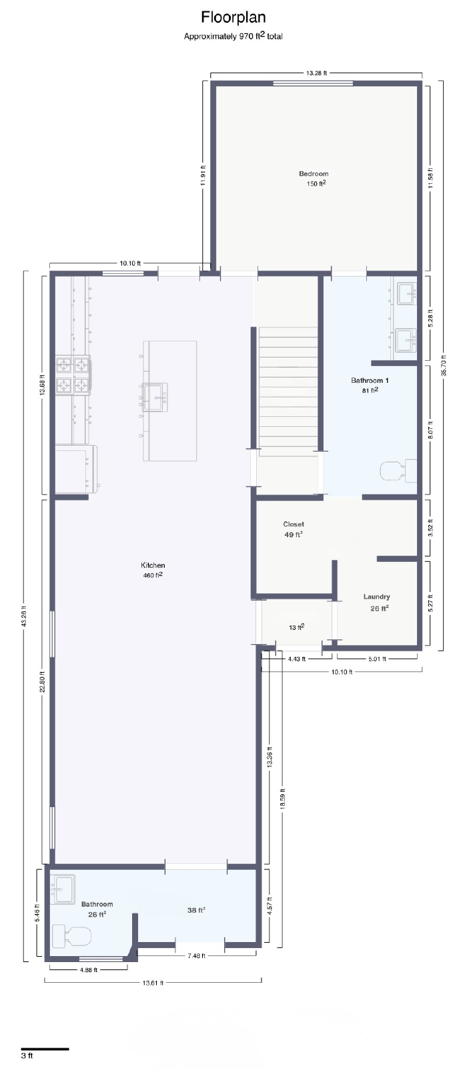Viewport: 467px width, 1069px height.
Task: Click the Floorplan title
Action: pyautogui.click(x=233, y=17)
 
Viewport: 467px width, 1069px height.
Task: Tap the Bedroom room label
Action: pyautogui.click(x=314, y=174)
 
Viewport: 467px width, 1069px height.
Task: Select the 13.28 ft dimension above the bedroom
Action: pyautogui.click(x=316, y=73)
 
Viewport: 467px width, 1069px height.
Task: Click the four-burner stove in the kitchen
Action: pyautogui.click(x=73, y=375)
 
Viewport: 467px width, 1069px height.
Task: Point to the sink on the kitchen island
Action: pyautogui.click(x=155, y=397)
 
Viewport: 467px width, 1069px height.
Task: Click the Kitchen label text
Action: pyautogui.click(x=153, y=565)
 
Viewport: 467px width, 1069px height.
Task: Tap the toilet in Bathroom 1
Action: pyautogui.click(x=398, y=470)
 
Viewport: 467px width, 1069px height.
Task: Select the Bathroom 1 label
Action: pyautogui.click(x=370, y=380)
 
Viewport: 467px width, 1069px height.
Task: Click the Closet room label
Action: pyautogui.click(x=294, y=524)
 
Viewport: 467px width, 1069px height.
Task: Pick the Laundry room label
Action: pyautogui.click(x=376, y=597)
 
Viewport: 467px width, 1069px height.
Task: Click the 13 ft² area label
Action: pyautogui.click(x=296, y=627)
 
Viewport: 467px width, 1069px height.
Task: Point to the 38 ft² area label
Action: pyautogui.click(x=196, y=910)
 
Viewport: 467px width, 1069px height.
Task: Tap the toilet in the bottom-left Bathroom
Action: pyautogui.click(x=71, y=936)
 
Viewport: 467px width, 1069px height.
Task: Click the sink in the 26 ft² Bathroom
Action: pyautogui.click(x=63, y=889)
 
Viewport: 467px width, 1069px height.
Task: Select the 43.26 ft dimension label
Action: pyautogui.click(x=24, y=617)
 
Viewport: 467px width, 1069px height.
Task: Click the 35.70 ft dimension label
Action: pyautogui.click(x=444, y=365)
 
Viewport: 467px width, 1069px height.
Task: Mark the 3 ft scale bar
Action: pyautogui.click(x=45, y=1048)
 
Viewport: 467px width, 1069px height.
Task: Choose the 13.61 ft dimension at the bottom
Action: pyautogui.click(x=153, y=983)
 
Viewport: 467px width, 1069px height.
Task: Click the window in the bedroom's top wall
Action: pyautogui.click(x=313, y=84)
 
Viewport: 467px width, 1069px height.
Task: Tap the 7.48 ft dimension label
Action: pyautogui.click(x=196, y=956)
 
